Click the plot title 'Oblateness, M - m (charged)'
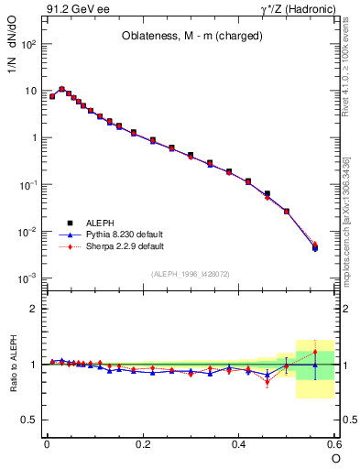[191, 37]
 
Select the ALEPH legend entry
[100, 223]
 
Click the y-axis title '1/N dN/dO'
[13, 48]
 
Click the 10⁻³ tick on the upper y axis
[27, 278]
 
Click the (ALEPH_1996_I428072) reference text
[191, 274]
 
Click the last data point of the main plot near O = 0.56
[315, 246]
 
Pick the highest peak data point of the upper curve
[61, 89]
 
